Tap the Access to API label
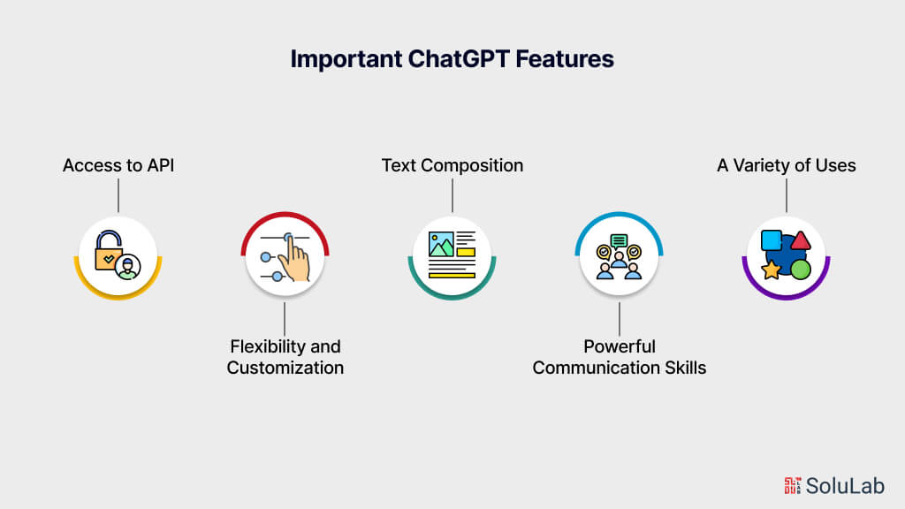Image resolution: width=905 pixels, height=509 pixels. (x=118, y=165)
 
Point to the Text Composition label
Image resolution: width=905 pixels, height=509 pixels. (x=452, y=165)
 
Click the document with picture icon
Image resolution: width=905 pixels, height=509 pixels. (x=452, y=254)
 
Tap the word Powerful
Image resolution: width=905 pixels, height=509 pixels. (x=619, y=346)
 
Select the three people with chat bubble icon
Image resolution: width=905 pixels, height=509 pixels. (x=619, y=256)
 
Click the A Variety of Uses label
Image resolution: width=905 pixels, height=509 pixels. (x=786, y=165)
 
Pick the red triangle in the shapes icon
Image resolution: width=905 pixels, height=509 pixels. (x=800, y=239)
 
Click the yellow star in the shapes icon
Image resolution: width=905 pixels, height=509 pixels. (x=771, y=269)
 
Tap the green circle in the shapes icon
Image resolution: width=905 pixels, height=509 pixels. (x=801, y=269)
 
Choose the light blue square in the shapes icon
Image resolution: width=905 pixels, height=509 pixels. (x=772, y=240)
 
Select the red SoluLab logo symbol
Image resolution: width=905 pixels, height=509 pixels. (x=793, y=484)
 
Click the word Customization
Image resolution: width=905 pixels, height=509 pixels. (x=285, y=367)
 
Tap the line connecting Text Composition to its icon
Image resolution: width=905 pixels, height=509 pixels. (x=452, y=195)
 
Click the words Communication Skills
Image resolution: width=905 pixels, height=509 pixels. (x=619, y=367)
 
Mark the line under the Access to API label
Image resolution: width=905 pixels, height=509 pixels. (x=118, y=195)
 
